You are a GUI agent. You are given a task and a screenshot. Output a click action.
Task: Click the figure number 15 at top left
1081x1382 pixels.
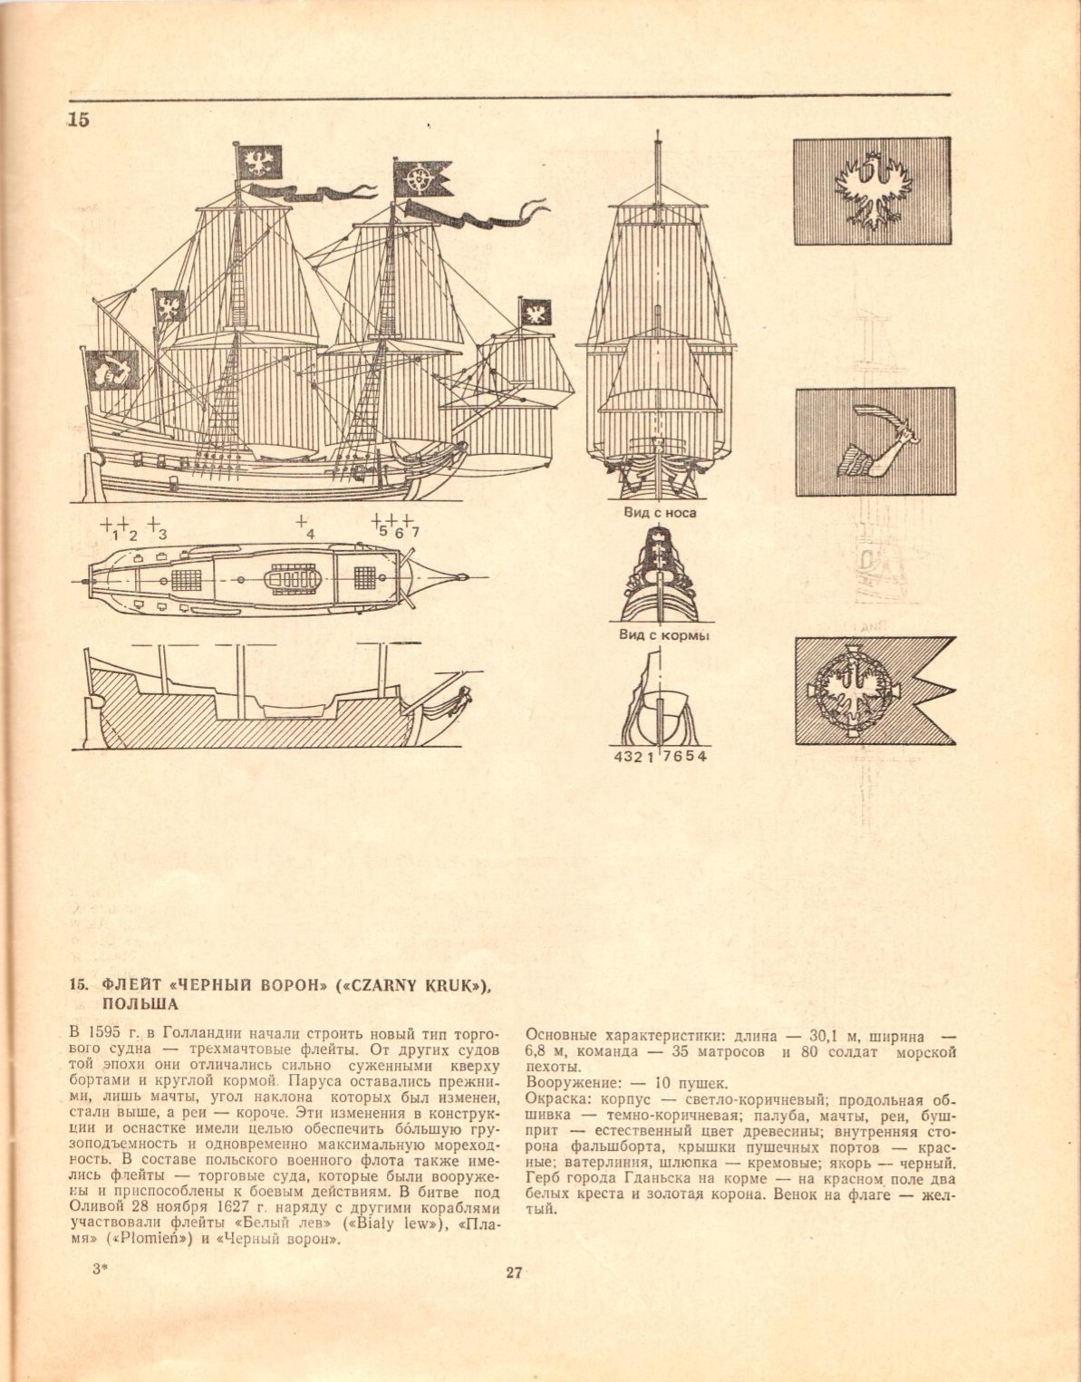(x=79, y=119)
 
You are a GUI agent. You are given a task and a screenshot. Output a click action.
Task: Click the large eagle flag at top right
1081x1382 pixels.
(x=872, y=190)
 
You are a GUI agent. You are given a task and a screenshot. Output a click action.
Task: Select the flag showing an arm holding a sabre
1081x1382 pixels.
(x=875, y=441)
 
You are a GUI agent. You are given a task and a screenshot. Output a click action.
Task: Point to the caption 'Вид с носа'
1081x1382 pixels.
(x=660, y=513)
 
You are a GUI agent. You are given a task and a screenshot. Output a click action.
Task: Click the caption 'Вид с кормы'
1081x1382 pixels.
(x=663, y=635)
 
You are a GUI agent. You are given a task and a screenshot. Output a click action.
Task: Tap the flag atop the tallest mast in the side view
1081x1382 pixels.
(x=259, y=161)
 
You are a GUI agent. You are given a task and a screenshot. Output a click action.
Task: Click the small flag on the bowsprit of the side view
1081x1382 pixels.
(x=536, y=313)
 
